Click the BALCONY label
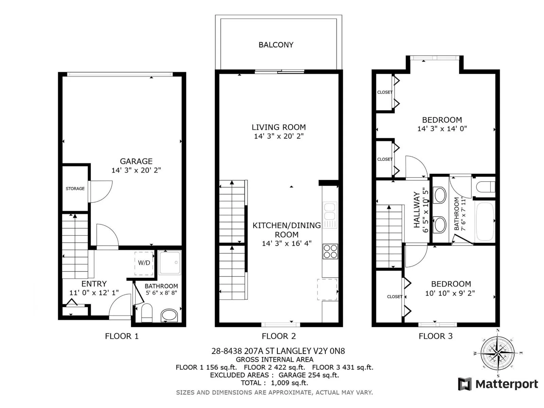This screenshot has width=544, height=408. (276, 45)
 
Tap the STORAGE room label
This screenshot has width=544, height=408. (75, 189)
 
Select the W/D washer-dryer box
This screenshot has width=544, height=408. (144, 263)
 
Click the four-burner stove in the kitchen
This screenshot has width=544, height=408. (330, 252)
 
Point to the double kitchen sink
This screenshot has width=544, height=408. (330, 215)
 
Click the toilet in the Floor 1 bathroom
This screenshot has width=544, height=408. (147, 313)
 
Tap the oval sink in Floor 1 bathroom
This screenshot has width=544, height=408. (169, 316)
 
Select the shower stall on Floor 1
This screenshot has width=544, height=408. (170, 263)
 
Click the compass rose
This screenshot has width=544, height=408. (498, 353)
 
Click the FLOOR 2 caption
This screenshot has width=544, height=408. (279, 336)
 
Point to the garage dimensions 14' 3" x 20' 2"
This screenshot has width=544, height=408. (136, 170)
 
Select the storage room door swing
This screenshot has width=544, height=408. (100, 191)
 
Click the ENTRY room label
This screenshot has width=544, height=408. (94, 284)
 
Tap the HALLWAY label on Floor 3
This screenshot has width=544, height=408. (417, 210)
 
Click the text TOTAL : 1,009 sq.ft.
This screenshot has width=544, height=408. (274, 383)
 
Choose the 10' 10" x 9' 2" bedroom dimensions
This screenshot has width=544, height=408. (450, 293)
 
